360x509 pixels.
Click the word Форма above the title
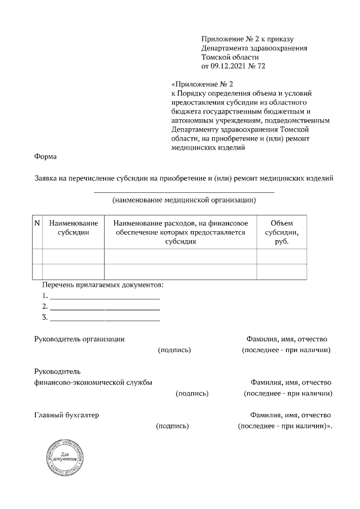(46, 158)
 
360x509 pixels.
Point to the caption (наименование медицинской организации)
(184, 200)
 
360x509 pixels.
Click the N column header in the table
(37, 223)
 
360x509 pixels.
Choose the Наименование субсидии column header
(73, 228)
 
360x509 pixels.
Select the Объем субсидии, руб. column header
(281, 232)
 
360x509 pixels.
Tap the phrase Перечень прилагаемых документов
(102, 285)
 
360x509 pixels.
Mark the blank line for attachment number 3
(105, 320)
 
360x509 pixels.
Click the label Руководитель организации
(79, 339)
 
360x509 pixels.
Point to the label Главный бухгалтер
(66, 415)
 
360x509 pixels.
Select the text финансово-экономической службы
(93, 382)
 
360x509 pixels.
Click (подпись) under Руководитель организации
(174, 350)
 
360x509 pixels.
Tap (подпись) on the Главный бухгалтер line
(172, 426)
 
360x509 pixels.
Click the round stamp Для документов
(62, 457)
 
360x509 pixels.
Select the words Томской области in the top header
(229, 57)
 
